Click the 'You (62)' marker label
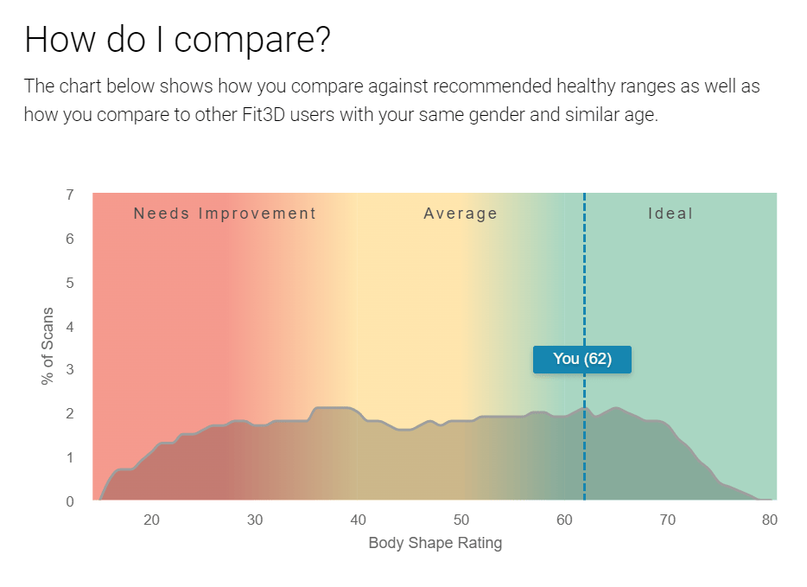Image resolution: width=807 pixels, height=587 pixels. pos(582,360)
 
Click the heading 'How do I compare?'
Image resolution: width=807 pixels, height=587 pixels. pos(177,41)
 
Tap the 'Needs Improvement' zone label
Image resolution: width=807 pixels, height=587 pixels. pos(225,214)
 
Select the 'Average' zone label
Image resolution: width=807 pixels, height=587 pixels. pos(461,214)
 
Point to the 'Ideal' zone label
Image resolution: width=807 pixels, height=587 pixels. pos(670,214)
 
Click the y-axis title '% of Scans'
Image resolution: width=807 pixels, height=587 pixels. pos(48,346)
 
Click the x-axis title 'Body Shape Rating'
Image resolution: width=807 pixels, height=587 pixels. pos(435,544)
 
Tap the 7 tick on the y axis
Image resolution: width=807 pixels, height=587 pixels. pos(70,195)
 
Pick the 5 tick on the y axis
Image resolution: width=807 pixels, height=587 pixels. pos(70,283)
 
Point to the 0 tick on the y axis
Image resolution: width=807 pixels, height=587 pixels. pos(70,501)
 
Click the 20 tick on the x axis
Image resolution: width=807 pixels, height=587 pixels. pos(151,520)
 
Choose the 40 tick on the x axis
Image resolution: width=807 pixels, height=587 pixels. pos(358,520)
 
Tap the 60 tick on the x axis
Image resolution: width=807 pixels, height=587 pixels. pos(564,520)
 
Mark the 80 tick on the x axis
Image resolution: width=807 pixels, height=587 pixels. pos(770,520)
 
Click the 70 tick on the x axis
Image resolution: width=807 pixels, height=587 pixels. pos(667,520)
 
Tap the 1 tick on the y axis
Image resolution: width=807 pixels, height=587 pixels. pos(70,457)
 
